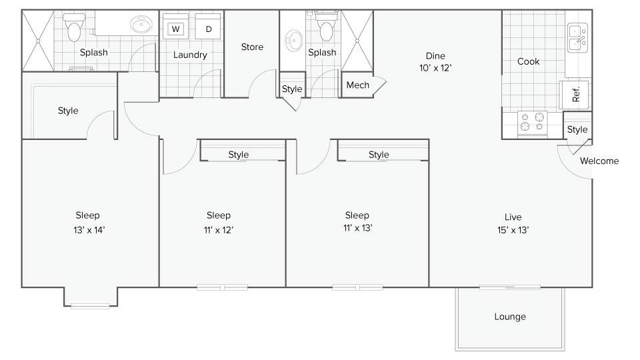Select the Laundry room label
(190, 55)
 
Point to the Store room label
(252, 47)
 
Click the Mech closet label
(357, 85)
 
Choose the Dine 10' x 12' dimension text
(435, 68)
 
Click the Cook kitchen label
(528, 61)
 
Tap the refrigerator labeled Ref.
(575, 94)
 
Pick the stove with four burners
(532, 123)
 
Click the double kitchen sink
(577, 37)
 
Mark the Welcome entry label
(599, 161)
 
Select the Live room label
(513, 217)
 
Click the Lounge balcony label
(510, 317)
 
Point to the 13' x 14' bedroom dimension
(89, 230)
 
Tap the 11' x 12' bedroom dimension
(219, 230)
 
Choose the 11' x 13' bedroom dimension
(357, 228)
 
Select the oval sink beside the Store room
(294, 41)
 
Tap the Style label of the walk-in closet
(68, 111)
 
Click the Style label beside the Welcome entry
(577, 130)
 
